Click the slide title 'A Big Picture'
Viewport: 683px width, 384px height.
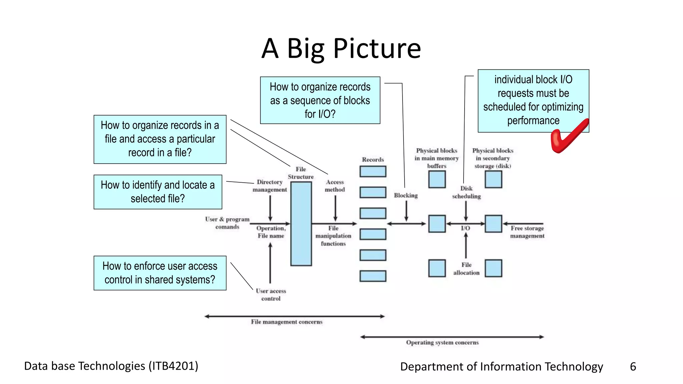[x=341, y=49]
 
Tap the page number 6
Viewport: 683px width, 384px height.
[x=633, y=367]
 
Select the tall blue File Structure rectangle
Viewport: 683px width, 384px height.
[x=301, y=224]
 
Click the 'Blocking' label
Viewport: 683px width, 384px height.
[x=406, y=195]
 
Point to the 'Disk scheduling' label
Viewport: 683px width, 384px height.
[x=466, y=192]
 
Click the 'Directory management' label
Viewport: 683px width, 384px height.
[x=269, y=186]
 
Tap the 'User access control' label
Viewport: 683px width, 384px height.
[x=271, y=295]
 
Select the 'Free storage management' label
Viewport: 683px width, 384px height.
[x=527, y=232]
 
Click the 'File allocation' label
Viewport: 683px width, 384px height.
[x=466, y=269]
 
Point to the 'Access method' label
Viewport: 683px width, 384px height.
[x=335, y=186]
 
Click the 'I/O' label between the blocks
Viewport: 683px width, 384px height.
[x=465, y=228]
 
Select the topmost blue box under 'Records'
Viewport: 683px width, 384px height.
[x=373, y=171]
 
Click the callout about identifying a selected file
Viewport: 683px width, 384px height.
[x=158, y=192]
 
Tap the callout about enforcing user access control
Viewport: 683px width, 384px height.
[x=160, y=273]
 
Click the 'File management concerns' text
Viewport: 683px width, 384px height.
[x=286, y=322]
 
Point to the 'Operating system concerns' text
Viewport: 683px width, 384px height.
[x=442, y=343]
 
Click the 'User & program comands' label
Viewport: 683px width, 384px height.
[x=227, y=223]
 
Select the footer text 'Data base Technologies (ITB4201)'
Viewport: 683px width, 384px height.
[x=111, y=366]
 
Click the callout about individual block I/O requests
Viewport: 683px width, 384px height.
[x=533, y=100]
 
